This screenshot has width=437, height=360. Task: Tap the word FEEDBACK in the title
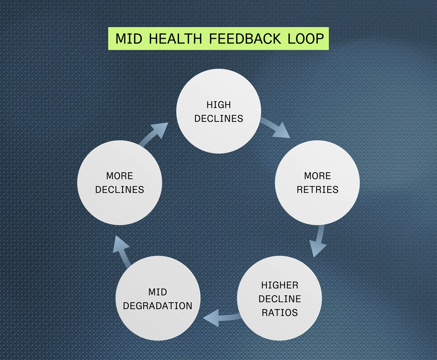[245, 38]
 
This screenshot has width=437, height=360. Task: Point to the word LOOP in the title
[306, 38]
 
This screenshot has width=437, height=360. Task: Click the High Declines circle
[219, 111]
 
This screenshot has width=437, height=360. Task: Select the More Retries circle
[317, 183]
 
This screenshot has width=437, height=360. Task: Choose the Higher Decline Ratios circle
[280, 298]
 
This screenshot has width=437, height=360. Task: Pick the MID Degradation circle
[158, 298]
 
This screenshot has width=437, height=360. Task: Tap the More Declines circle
[120, 183]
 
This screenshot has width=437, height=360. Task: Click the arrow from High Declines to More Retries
[276, 129]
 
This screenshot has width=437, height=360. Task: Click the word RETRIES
[317, 189]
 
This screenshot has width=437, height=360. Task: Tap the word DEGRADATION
[158, 306]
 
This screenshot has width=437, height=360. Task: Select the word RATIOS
[280, 312]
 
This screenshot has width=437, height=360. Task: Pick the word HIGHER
[280, 285]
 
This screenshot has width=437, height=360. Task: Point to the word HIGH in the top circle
[219, 105]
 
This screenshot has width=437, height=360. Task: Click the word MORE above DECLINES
[120, 176]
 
